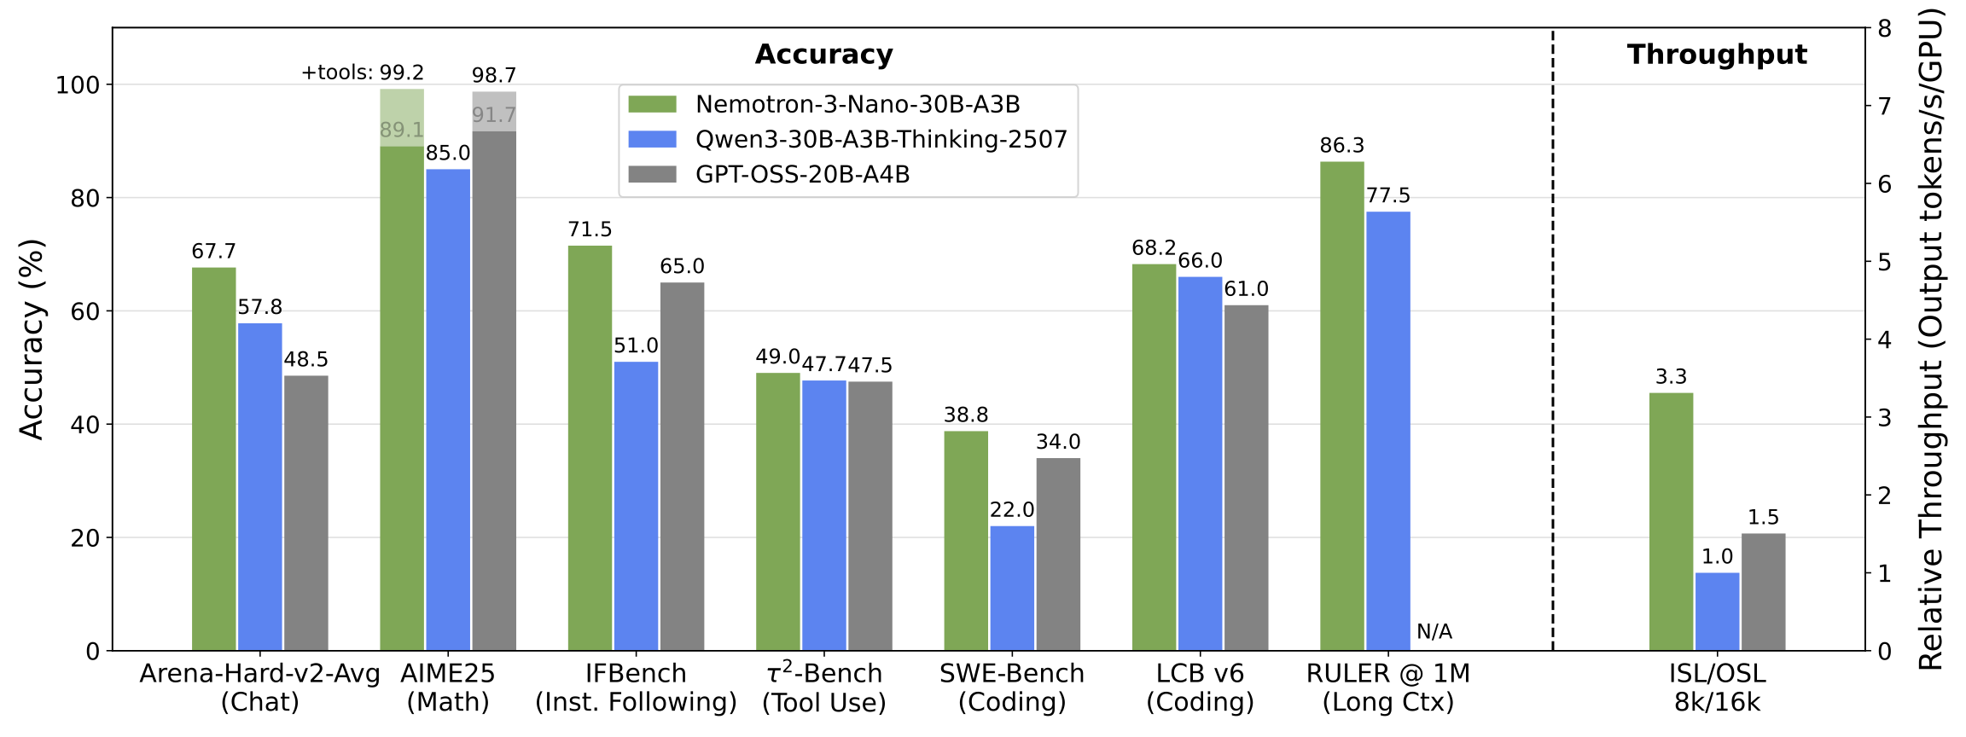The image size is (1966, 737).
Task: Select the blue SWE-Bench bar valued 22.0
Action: click(1012, 589)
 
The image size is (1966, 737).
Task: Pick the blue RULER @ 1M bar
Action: click(1387, 431)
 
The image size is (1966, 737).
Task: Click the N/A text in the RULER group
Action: click(1434, 632)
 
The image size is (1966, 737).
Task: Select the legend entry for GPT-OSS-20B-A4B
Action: click(802, 174)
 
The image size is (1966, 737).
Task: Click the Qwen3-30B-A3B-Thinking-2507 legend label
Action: click(881, 139)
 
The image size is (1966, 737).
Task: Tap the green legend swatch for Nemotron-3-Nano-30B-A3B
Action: click(652, 104)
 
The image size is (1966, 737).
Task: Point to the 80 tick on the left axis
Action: click(84, 198)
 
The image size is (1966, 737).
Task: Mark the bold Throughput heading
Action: click(1717, 55)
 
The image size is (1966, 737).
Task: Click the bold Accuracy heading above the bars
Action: click(823, 55)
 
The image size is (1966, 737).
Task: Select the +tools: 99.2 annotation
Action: click(362, 73)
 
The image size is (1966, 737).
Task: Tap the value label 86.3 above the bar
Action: click(1341, 146)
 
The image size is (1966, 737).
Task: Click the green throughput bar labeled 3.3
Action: click(1671, 521)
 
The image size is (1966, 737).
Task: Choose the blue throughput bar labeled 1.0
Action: click(1717, 612)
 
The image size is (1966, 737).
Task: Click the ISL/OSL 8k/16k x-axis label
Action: click(1717, 688)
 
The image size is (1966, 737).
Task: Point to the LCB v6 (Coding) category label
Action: click(1200, 688)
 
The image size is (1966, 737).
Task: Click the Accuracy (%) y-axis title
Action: click(31, 339)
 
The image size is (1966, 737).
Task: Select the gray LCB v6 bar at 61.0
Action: click(1246, 478)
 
